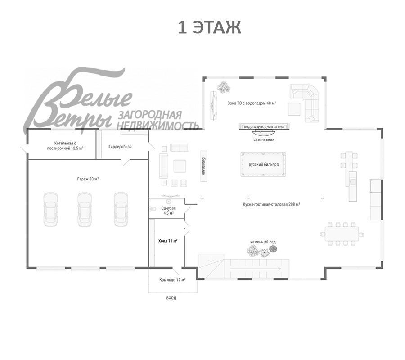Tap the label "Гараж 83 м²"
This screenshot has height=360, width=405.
[x=88, y=179]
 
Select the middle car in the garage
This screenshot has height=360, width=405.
[x=85, y=209]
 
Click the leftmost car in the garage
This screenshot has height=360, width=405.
[x=50, y=209]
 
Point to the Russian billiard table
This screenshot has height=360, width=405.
[x=264, y=164]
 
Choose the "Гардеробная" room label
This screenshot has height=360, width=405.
[x=120, y=147]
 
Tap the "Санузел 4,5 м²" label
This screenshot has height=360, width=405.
[x=170, y=211]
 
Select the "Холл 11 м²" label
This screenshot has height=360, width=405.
[x=168, y=241]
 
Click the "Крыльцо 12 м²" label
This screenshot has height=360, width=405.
[x=172, y=280]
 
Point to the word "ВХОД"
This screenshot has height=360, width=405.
[x=171, y=298]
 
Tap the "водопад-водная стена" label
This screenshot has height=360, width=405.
[x=264, y=127]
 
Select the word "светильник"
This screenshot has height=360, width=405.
[x=264, y=139]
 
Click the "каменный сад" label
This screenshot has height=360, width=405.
[x=263, y=242]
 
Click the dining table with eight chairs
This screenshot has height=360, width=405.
[x=342, y=234]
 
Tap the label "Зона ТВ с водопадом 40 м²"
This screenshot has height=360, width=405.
[x=252, y=103]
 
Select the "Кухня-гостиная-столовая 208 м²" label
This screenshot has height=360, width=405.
[x=271, y=204]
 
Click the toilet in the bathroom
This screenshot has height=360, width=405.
[x=153, y=208]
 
